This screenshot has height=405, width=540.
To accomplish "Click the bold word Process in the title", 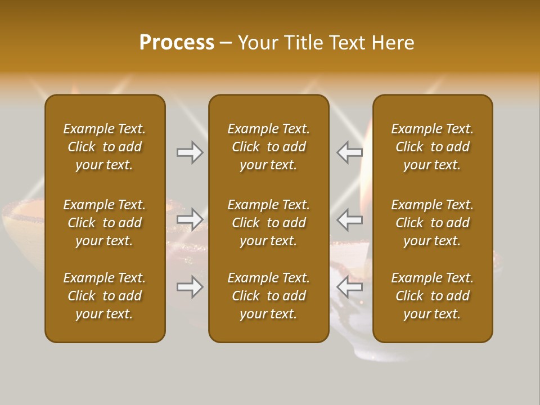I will pyautogui.click(x=177, y=43).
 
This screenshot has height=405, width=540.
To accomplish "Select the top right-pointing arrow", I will pyautogui.click(x=190, y=152).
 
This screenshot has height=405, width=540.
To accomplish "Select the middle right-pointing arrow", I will pyautogui.click(x=190, y=219).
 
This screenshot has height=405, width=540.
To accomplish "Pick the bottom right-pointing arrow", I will pyautogui.click(x=190, y=287).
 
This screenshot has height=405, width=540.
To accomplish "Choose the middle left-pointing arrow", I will pyautogui.click(x=350, y=219).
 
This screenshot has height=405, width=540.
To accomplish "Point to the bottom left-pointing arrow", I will pyautogui.click(x=350, y=287).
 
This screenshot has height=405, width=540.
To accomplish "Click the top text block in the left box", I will pyautogui.click(x=105, y=147).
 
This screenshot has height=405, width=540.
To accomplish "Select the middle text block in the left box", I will pyautogui.click(x=105, y=223).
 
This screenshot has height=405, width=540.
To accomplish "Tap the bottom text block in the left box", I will pyautogui.click(x=105, y=296).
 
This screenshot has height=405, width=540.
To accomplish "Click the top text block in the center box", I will pyautogui.click(x=268, y=147).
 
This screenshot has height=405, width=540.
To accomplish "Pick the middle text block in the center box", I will pyautogui.click(x=268, y=223).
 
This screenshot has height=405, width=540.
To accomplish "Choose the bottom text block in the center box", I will pyautogui.click(x=268, y=296).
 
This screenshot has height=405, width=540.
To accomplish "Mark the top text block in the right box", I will pyautogui.click(x=432, y=147).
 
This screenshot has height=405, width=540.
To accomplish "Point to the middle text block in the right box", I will pyautogui.click(x=432, y=223).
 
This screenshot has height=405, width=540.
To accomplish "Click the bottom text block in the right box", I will pyautogui.click(x=432, y=296).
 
